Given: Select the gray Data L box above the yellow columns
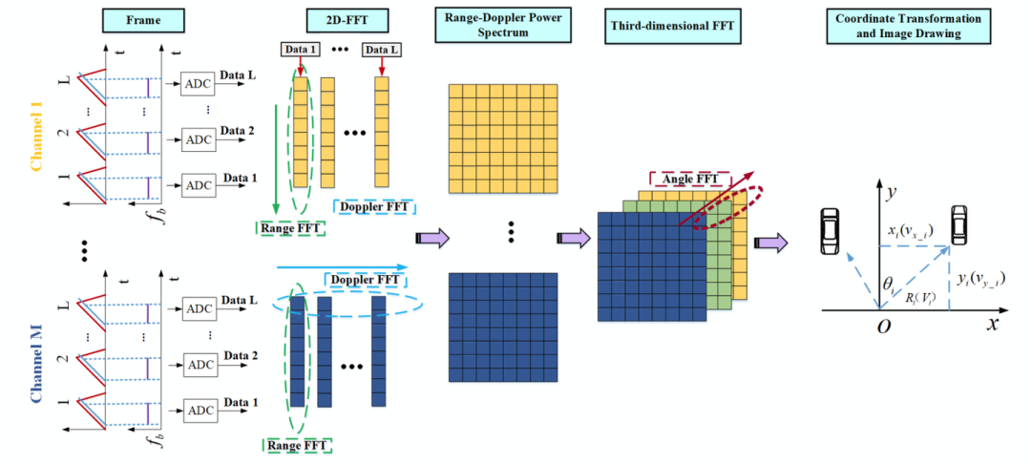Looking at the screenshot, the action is click(381, 50).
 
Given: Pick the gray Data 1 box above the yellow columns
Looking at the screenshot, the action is click(300, 50).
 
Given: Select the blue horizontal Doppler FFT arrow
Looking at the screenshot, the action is click(342, 267).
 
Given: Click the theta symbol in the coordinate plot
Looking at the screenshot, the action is click(889, 285).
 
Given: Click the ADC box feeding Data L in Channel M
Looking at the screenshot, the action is click(199, 307).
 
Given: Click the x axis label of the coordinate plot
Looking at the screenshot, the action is click(994, 325).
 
